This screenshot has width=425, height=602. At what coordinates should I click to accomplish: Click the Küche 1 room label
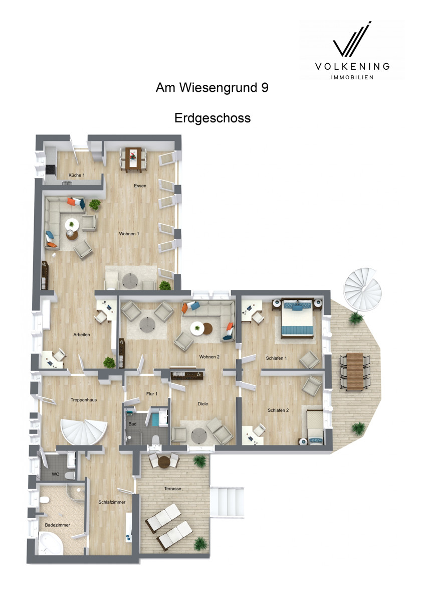coord(77,175)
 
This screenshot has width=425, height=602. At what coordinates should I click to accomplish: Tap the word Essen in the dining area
coord(140,186)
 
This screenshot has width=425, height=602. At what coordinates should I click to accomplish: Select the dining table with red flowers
coord(133,160)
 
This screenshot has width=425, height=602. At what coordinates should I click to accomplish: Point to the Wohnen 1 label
coord(129,234)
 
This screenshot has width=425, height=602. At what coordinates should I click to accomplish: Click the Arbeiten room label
coord(82,335)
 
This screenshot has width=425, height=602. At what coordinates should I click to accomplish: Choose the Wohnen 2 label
coord(209,357)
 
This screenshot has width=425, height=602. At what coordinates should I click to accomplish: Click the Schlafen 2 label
coord(278,410)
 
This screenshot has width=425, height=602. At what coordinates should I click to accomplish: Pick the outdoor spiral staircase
coord(363,289)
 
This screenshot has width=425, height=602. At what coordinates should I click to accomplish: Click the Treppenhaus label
coord(84,400)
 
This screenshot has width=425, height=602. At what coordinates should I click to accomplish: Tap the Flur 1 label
coord(152,394)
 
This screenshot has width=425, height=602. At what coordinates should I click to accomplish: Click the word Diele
coord(202,404)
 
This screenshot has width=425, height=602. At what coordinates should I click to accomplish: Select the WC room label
coord(55,474)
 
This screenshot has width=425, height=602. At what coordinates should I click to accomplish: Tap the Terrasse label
coord(172,488)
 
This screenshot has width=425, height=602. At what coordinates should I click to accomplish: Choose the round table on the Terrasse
coord(164,462)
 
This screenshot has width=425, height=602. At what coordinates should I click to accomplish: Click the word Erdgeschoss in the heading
coord(212,118)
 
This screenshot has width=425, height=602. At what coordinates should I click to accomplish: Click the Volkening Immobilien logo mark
coord(352,40)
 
